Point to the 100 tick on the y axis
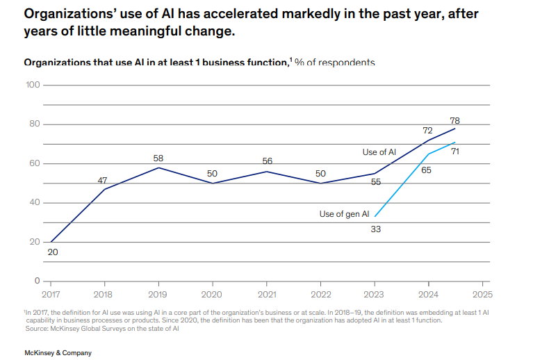point(33,85)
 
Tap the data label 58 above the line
point(158,158)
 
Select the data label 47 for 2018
point(103,180)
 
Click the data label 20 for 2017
point(53,252)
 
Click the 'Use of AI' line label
point(379,152)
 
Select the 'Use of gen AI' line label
point(344,214)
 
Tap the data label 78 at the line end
point(455,120)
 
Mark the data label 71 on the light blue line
point(456,151)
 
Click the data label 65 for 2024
point(427,169)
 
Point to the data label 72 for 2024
point(428,131)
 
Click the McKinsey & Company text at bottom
point(58,353)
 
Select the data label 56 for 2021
point(267,161)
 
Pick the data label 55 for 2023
point(376,182)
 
